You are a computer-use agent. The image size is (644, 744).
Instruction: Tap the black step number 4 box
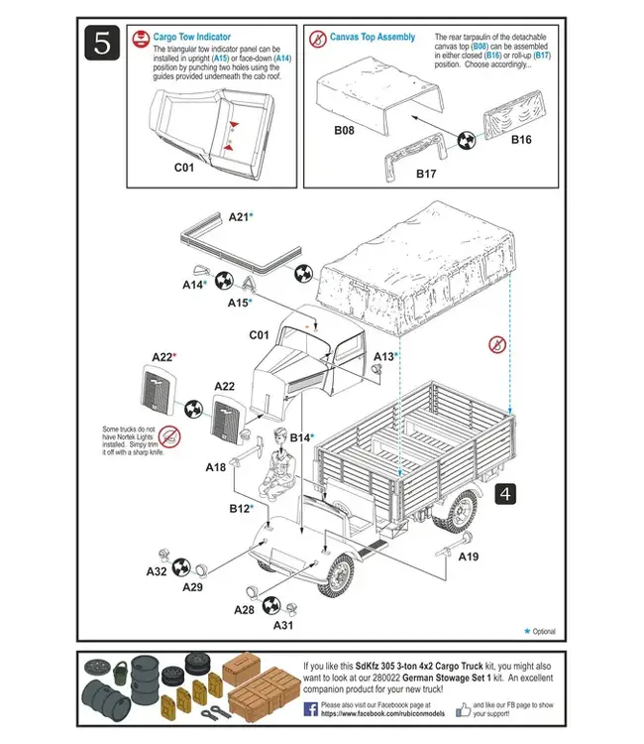(503, 494)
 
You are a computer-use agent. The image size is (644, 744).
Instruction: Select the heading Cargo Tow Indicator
(191, 37)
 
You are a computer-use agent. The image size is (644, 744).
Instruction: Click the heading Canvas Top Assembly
(373, 37)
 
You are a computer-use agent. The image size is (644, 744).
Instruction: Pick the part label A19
(468, 557)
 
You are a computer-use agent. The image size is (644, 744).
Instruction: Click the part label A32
(157, 571)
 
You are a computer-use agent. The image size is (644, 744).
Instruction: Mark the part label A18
(215, 466)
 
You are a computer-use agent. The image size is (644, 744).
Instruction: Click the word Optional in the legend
(544, 631)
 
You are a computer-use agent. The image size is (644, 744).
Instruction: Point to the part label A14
(194, 285)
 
